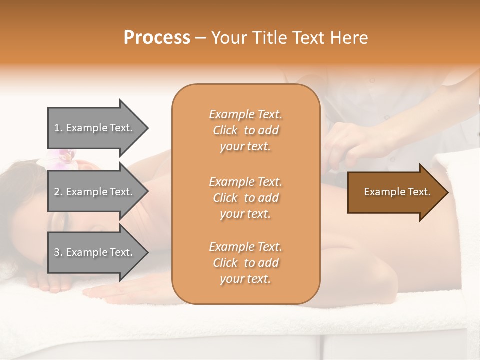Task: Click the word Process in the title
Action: tap(157, 38)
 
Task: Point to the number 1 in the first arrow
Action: tap(57, 128)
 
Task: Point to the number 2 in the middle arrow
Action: tap(57, 192)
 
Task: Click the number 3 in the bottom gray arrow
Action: tap(57, 252)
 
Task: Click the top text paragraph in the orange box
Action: tap(245, 130)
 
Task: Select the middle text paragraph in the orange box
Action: tap(245, 198)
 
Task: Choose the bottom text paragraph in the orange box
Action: tap(245, 263)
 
